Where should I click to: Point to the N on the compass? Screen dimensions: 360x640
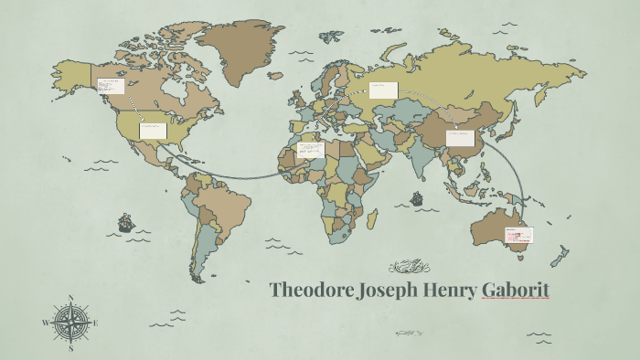pyautogui.click(x=71, y=298)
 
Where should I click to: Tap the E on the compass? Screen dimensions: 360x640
pyautogui.click(x=95, y=323)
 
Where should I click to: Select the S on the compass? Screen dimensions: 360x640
pyautogui.click(x=71, y=347)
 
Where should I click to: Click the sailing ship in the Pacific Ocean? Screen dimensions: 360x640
pyautogui.click(x=125, y=222)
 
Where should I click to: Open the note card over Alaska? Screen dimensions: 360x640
pyautogui.click(x=110, y=87)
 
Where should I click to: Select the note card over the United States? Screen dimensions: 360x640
pyautogui.click(x=152, y=130)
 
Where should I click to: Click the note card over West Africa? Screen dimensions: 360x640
pyautogui.click(x=311, y=149)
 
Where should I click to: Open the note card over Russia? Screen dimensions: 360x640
pyautogui.click(x=383, y=90)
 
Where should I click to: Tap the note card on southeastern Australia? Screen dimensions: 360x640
pyautogui.click(x=517, y=235)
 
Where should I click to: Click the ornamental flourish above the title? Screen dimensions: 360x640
pyautogui.click(x=408, y=267)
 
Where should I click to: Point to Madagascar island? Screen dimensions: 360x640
pyautogui.click(x=372, y=219)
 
